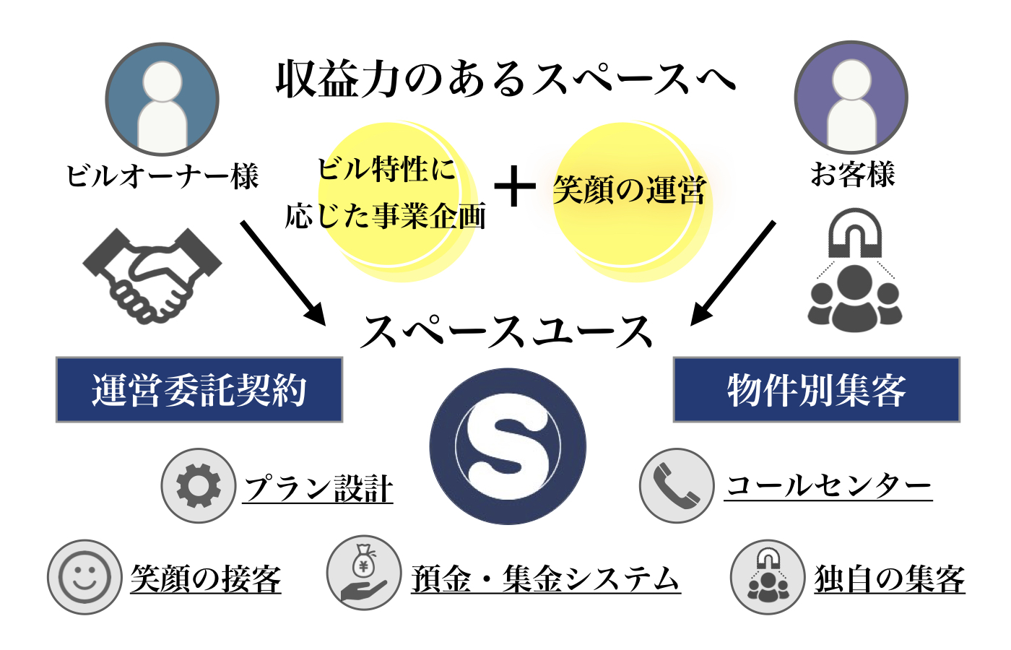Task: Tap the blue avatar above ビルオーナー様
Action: coord(162,99)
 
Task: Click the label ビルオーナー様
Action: coord(162,176)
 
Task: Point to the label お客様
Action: coord(852,174)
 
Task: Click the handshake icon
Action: coord(152,274)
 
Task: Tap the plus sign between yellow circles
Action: coord(515,186)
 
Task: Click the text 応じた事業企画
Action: coord(386,216)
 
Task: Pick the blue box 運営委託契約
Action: coord(199,390)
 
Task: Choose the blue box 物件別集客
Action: coord(817,390)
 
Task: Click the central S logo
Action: coord(508,446)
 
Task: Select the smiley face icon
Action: coord(84,577)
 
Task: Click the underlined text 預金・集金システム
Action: coord(546,579)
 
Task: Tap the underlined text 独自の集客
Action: coord(890,579)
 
